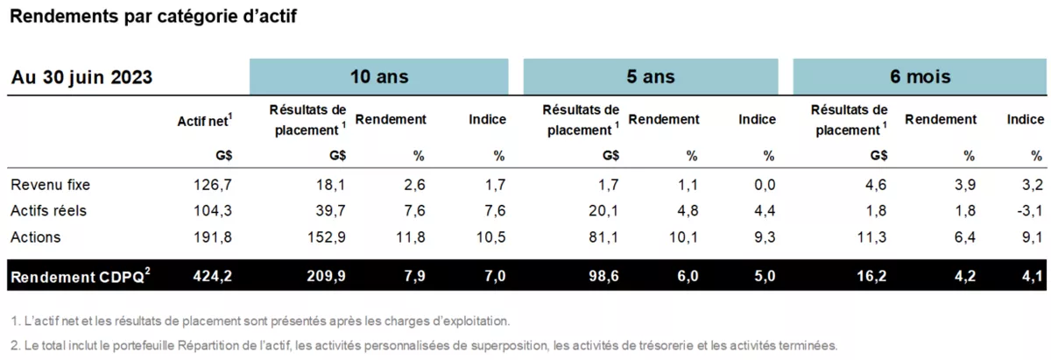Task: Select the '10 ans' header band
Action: coord(378,76)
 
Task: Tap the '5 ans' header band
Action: coord(650,76)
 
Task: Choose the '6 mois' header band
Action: coord(921,76)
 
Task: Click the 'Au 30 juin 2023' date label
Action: coord(81,78)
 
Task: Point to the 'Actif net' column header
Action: coord(204,121)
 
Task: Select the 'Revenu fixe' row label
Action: coord(50,185)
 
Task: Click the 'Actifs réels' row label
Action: coord(48,211)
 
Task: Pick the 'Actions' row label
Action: coord(35,237)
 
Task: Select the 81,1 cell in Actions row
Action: coord(604,237)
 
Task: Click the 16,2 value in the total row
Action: coord(873,278)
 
